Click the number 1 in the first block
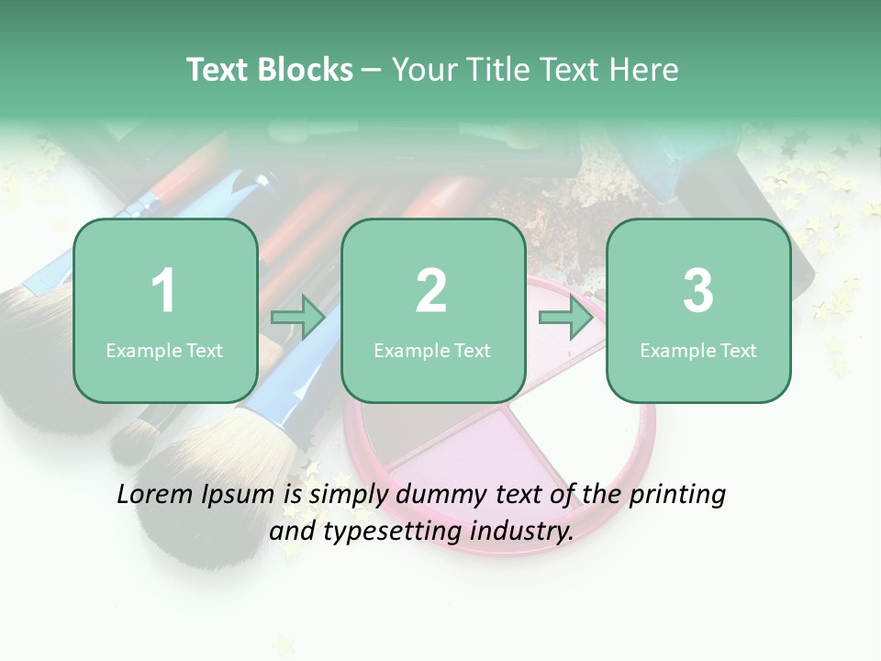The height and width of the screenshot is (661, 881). pos(164,291)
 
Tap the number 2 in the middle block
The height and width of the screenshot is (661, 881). pos(431,291)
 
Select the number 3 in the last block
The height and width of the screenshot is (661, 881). pos(698,291)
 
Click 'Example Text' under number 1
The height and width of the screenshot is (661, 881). pos(164,350)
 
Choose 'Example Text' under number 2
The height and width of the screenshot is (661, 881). pos(432,350)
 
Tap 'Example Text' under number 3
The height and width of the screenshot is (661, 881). pos(698,350)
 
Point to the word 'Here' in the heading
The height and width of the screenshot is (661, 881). pos(644,70)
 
